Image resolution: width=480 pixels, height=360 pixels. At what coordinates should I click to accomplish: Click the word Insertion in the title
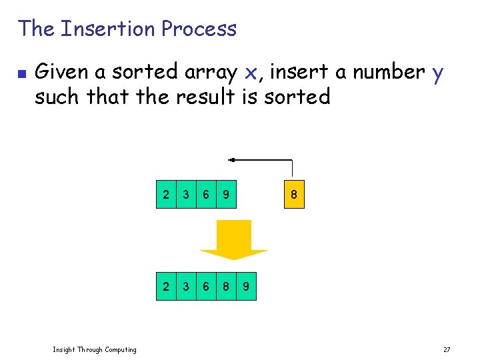pos(107,29)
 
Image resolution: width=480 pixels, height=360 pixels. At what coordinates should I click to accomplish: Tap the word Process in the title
pos(199,29)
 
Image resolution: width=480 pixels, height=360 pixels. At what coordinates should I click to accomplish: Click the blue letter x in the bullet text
pos(251,72)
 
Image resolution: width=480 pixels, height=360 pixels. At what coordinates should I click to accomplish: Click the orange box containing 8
pos(293,195)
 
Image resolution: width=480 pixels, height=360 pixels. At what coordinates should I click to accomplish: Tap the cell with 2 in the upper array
pos(166,195)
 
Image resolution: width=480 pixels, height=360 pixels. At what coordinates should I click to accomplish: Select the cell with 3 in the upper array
pos(186,195)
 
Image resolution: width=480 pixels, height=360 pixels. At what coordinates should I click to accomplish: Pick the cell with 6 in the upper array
pos(207,195)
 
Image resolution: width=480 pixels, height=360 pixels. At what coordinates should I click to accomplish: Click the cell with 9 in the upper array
pos(227,195)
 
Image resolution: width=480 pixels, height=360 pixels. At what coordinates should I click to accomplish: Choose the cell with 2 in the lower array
pos(166,287)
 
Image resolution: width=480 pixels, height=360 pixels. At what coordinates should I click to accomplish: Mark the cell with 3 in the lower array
pos(186,287)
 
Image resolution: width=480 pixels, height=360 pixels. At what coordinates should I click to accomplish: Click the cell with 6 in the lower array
pos(207,287)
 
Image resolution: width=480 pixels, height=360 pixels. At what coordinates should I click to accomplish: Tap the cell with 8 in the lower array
pos(227,287)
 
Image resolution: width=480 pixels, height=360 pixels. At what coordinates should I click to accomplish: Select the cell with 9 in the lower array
pos(247,287)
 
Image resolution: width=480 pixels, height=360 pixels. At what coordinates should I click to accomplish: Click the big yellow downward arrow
pos(233,240)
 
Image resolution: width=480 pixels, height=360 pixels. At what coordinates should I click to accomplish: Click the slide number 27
pos(447,349)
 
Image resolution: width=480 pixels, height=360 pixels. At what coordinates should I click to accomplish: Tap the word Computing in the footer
pos(117,349)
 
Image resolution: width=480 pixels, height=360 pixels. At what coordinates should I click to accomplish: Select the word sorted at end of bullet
pos(297,97)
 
